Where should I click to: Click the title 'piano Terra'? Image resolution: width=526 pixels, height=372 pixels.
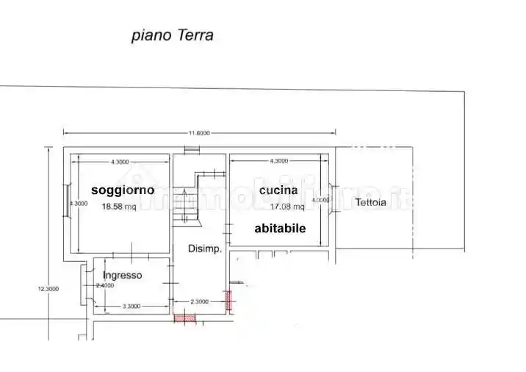tap(173, 35)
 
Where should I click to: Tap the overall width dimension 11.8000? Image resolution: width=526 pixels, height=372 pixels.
tap(199, 133)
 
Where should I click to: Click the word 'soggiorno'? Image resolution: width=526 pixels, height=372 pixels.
tap(123, 190)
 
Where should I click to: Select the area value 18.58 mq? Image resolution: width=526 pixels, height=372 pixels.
tap(119, 207)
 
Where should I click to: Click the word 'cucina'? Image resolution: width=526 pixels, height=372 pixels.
tap(278, 190)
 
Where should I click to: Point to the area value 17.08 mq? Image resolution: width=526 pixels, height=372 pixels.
tap(277, 207)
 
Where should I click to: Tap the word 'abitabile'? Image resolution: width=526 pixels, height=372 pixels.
tap(280, 229)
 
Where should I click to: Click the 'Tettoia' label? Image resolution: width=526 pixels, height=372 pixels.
tap(370, 203)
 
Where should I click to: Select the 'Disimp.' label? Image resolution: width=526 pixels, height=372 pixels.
tap(204, 248)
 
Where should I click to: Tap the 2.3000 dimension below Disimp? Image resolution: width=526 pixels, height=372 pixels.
tap(200, 301)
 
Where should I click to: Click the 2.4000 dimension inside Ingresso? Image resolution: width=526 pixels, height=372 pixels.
tap(105, 285)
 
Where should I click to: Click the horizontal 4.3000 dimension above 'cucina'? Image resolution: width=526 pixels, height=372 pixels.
tap(279, 161)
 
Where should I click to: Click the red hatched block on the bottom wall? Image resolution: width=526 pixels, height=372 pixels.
tap(184, 318)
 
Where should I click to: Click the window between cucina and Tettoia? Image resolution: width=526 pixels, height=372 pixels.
tap(332, 198)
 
